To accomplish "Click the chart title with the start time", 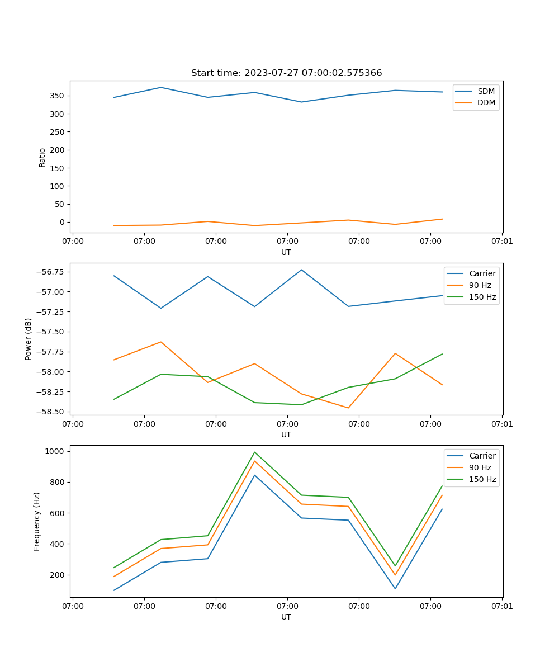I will (286, 73).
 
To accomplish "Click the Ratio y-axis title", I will (42, 157).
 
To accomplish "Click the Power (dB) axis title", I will (29, 339).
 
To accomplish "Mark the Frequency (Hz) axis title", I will (37, 521).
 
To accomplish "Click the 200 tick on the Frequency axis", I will (59, 575).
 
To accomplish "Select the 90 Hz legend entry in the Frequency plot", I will (480, 467).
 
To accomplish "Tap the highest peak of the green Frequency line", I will (255, 452).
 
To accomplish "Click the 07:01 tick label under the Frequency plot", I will (502, 606).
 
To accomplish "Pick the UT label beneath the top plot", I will (286, 252).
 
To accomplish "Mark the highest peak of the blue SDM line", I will (161, 87).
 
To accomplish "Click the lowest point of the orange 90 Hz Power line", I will (348, 408).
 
